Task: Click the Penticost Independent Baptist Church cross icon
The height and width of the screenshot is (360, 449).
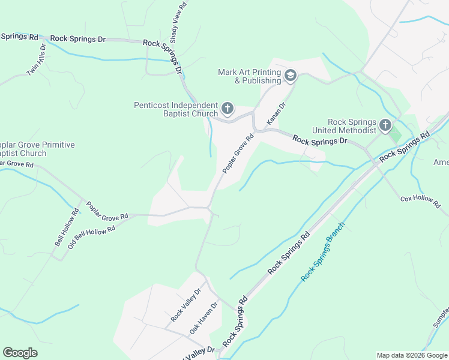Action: (x=227, y=109)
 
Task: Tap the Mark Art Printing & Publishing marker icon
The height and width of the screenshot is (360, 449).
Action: (x=291, y=76)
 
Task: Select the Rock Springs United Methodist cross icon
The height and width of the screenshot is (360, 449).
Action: (x=384, y=126)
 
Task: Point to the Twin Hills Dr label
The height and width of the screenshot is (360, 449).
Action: (x=37, y=59)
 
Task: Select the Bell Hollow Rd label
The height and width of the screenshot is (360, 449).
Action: (x=67, y=227)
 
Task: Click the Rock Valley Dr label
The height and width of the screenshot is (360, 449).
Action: (x=185, y=304)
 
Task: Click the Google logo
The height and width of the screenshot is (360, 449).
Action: (x=20, y=353)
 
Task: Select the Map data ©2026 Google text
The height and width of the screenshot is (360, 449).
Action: (x=411, y=355)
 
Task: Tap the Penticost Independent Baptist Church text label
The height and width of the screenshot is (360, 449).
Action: (x=175, y=109)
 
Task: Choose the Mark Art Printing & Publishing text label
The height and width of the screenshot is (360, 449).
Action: (x=250, y=76)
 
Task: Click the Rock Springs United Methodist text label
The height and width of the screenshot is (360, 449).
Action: (x=344, y=126)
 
